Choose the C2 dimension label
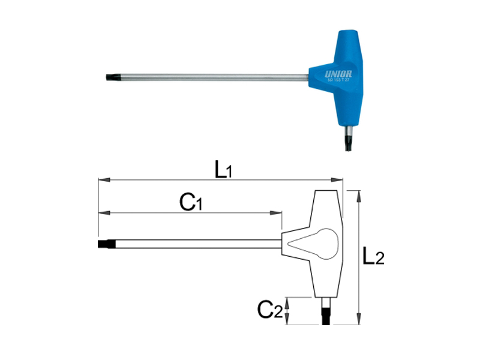tap(269, 310)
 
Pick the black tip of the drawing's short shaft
tap(327, 316)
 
